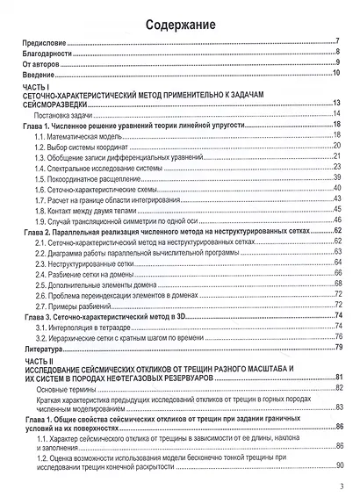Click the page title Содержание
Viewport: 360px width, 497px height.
pyautogui.click(x=179, y=24)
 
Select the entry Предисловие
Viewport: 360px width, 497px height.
pyautogui.click(x=46, y=41)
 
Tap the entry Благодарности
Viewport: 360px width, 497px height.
pyautogui.click(x=49, y=52)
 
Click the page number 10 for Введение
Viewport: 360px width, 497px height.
pyautogui.click(x=335, y=73)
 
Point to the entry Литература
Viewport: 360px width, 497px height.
pyautogui.click(x=44, y=348)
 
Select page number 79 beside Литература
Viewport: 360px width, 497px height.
pyautogui.click(x=335, y=348)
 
